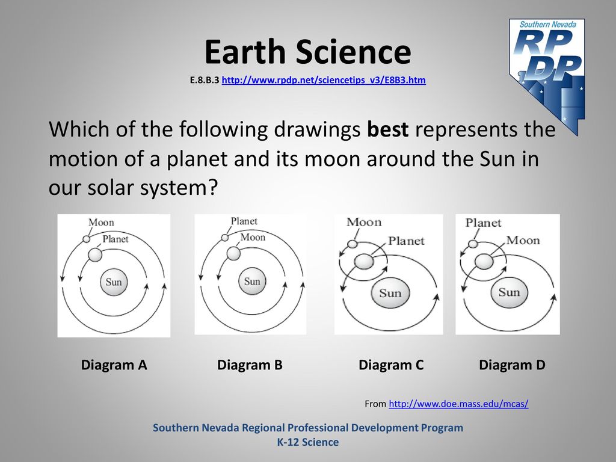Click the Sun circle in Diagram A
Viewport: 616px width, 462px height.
tap(114, 282)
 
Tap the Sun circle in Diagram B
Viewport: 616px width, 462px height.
tap(252, 282)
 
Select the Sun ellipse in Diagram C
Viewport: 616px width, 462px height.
tap(390, 293)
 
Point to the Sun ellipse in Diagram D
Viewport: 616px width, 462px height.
tap(509, 292)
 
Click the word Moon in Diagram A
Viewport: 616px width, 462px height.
tap(101, 223)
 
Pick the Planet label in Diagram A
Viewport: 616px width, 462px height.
tap(115, 239)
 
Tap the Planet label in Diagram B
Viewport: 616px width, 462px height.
tap(244, 221)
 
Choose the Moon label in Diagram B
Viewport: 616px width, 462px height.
tap(253, 237)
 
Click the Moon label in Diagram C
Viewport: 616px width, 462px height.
tap(364, 222)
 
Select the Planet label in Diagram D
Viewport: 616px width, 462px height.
tap(483, 223)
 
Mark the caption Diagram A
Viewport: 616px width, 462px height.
tap(114, 365)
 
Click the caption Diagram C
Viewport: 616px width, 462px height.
tap(391, 365)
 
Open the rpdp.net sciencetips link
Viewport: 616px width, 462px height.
tap(324, 80)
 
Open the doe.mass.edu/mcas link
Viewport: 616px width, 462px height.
tap(458, 404)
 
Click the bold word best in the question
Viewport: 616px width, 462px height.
tap(388, 129)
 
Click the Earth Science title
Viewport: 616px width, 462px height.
tap(307, 52)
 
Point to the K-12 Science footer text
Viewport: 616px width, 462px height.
tap(308, 442)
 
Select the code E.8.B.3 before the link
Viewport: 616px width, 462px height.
tap(205, 80)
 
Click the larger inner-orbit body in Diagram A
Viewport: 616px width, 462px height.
tap(94, 255)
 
